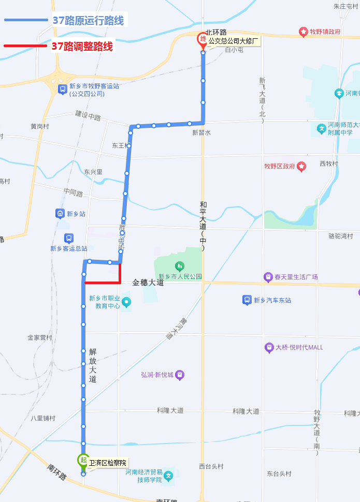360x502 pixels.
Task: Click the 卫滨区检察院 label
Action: (x=107, y=463)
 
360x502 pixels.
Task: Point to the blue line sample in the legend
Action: (x=26, y=21)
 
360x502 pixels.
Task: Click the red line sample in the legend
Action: (x=26, y=46)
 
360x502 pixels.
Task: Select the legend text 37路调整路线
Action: (x=82, y=46)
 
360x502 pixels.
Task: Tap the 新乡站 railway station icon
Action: (x=60, y=213)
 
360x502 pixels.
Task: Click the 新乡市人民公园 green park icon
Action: (x=180, y=267)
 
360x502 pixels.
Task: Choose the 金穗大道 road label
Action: (x=148, y=283)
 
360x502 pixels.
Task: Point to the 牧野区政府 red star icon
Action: (x=301, y=167)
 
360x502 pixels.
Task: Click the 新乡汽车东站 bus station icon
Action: (x=247, y=300)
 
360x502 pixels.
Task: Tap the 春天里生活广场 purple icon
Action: (x=268, y=277)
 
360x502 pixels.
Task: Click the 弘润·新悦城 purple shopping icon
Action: (x=180, y=375)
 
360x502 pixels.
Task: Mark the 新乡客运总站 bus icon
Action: (x=68, y=238)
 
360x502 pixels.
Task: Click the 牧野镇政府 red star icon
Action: (x=303, y=32)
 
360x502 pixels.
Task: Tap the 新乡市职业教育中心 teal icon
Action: (x=127, y=301)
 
